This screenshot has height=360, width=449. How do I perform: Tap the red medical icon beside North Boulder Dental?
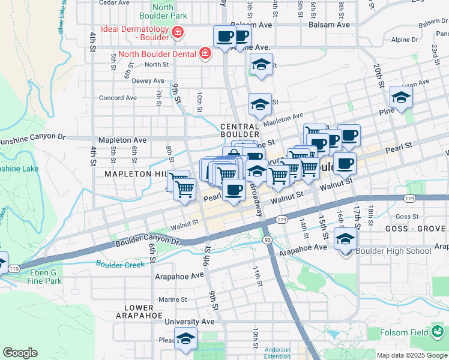tap(205, 53)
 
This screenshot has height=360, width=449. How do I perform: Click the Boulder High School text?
tap(393, 251)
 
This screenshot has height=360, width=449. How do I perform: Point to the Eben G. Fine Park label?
tap(45, 277)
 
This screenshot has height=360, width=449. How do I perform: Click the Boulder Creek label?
tap(120, 264)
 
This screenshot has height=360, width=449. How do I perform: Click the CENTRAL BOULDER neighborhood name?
tap(240, 131)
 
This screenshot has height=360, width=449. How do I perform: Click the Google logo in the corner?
tap(20, 353)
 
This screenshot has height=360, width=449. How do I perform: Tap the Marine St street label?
tap(173, 299)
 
